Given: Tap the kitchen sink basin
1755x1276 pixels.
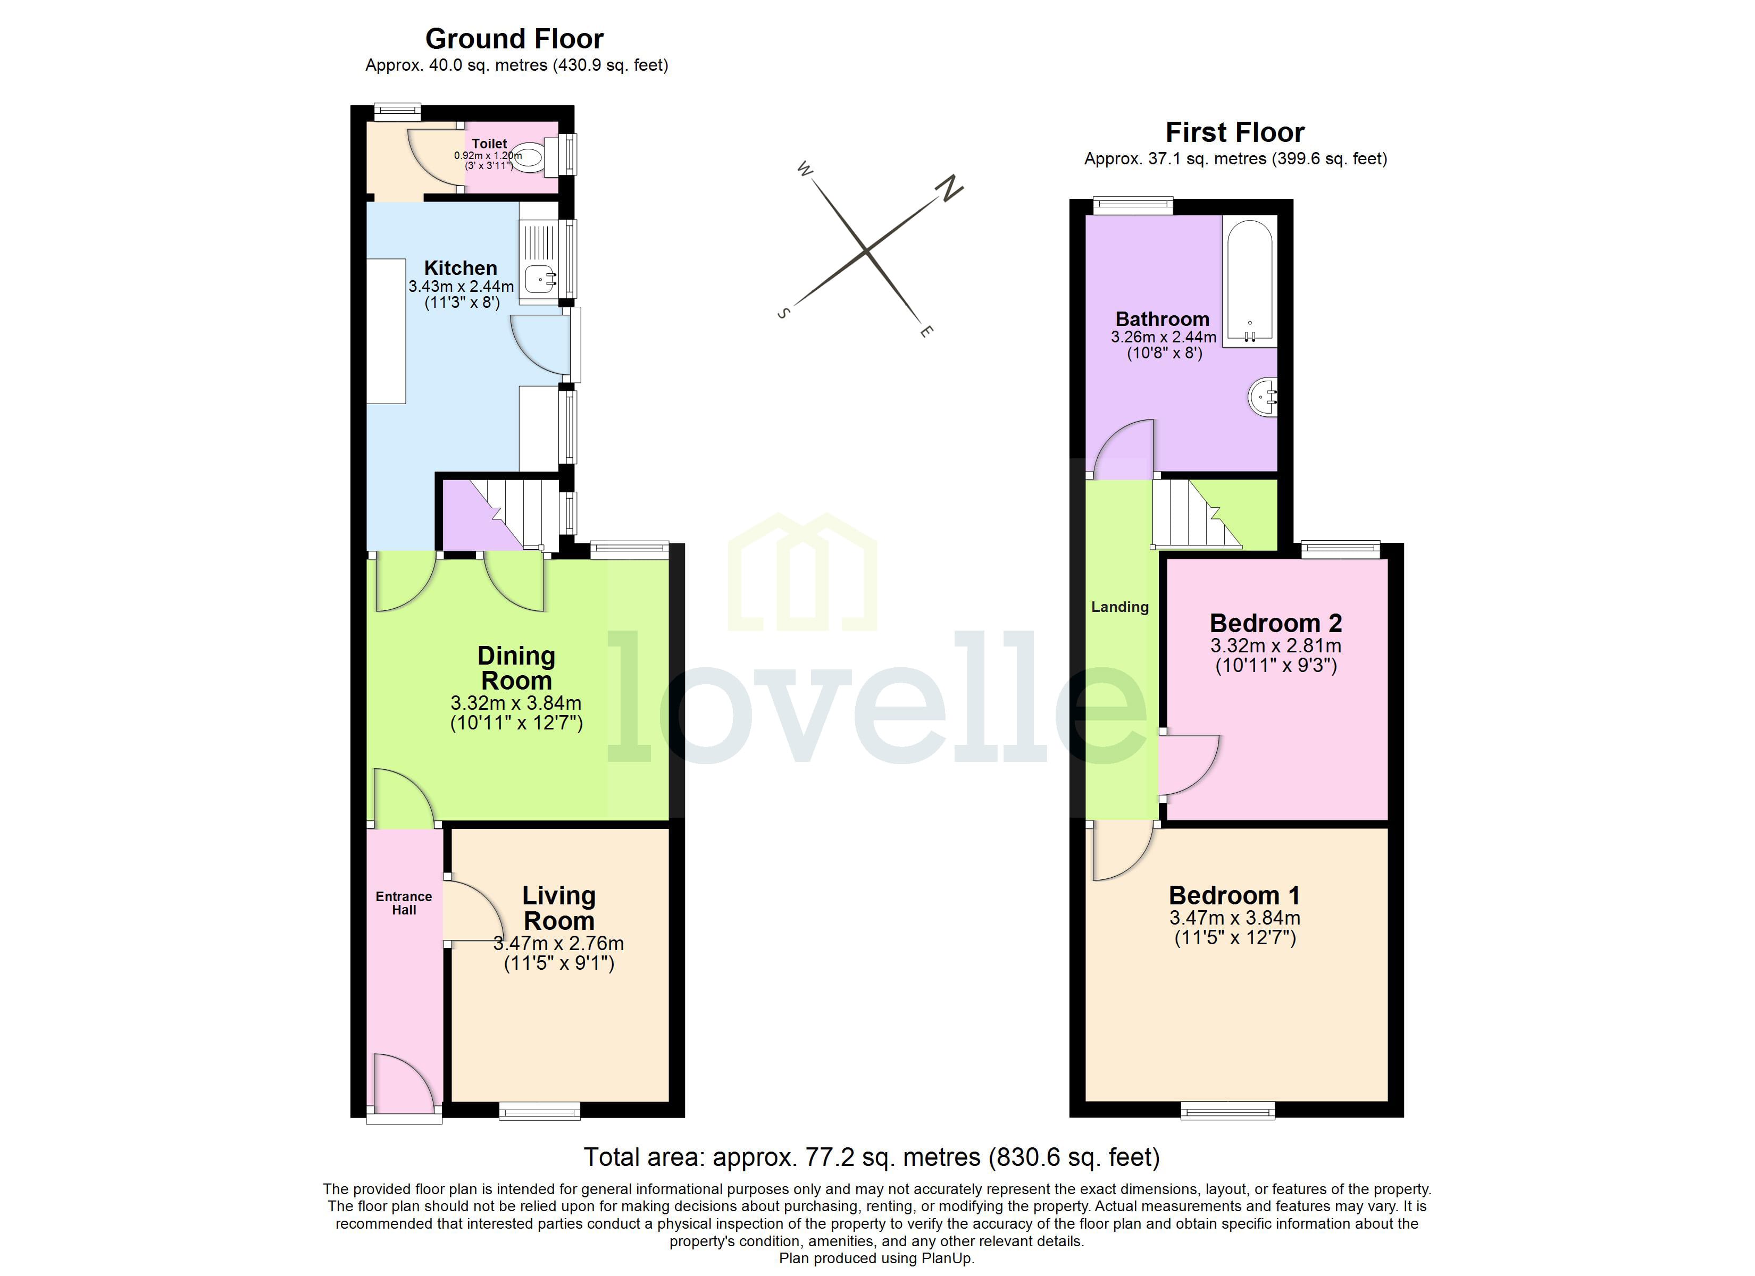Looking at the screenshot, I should pyautogui.click(x=539, y=276).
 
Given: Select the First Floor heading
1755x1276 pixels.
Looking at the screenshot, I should pyautogui.click(x=1234, y=132).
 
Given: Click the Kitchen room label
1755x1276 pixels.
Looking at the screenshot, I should pyautogui.click(x=461, y=268).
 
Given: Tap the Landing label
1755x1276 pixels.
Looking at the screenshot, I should pyautogui.click(x=1119, y=607).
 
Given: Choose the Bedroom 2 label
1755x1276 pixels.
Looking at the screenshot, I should pyautogui.click(x=1275, y=623).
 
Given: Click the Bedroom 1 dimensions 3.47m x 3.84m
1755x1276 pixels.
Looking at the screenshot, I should pyautogui.click(x=1234, y=918).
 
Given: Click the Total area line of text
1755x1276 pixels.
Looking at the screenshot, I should pyautogui.click(x=871, y=1157).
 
